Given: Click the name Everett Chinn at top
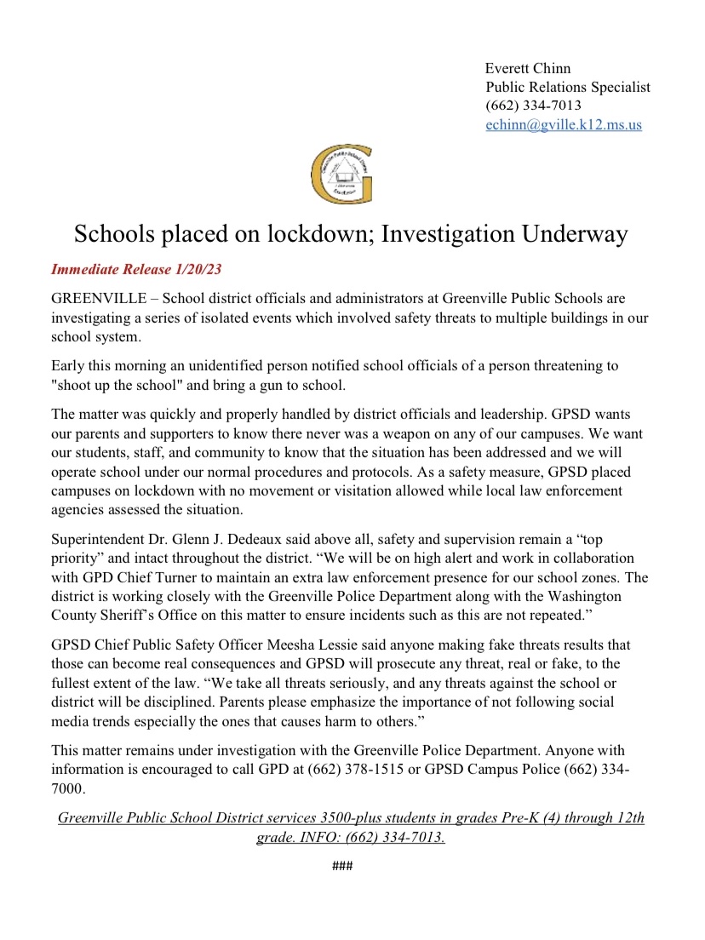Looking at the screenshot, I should tap(527, 68).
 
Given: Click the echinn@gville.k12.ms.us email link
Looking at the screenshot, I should tap(564, 124).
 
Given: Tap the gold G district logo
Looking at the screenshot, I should tap(341, 175).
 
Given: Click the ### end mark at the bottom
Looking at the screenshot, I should tap(342, 867).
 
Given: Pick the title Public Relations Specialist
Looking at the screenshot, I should tap(568, 87).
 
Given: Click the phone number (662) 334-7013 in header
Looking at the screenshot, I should tap(533, 106).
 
